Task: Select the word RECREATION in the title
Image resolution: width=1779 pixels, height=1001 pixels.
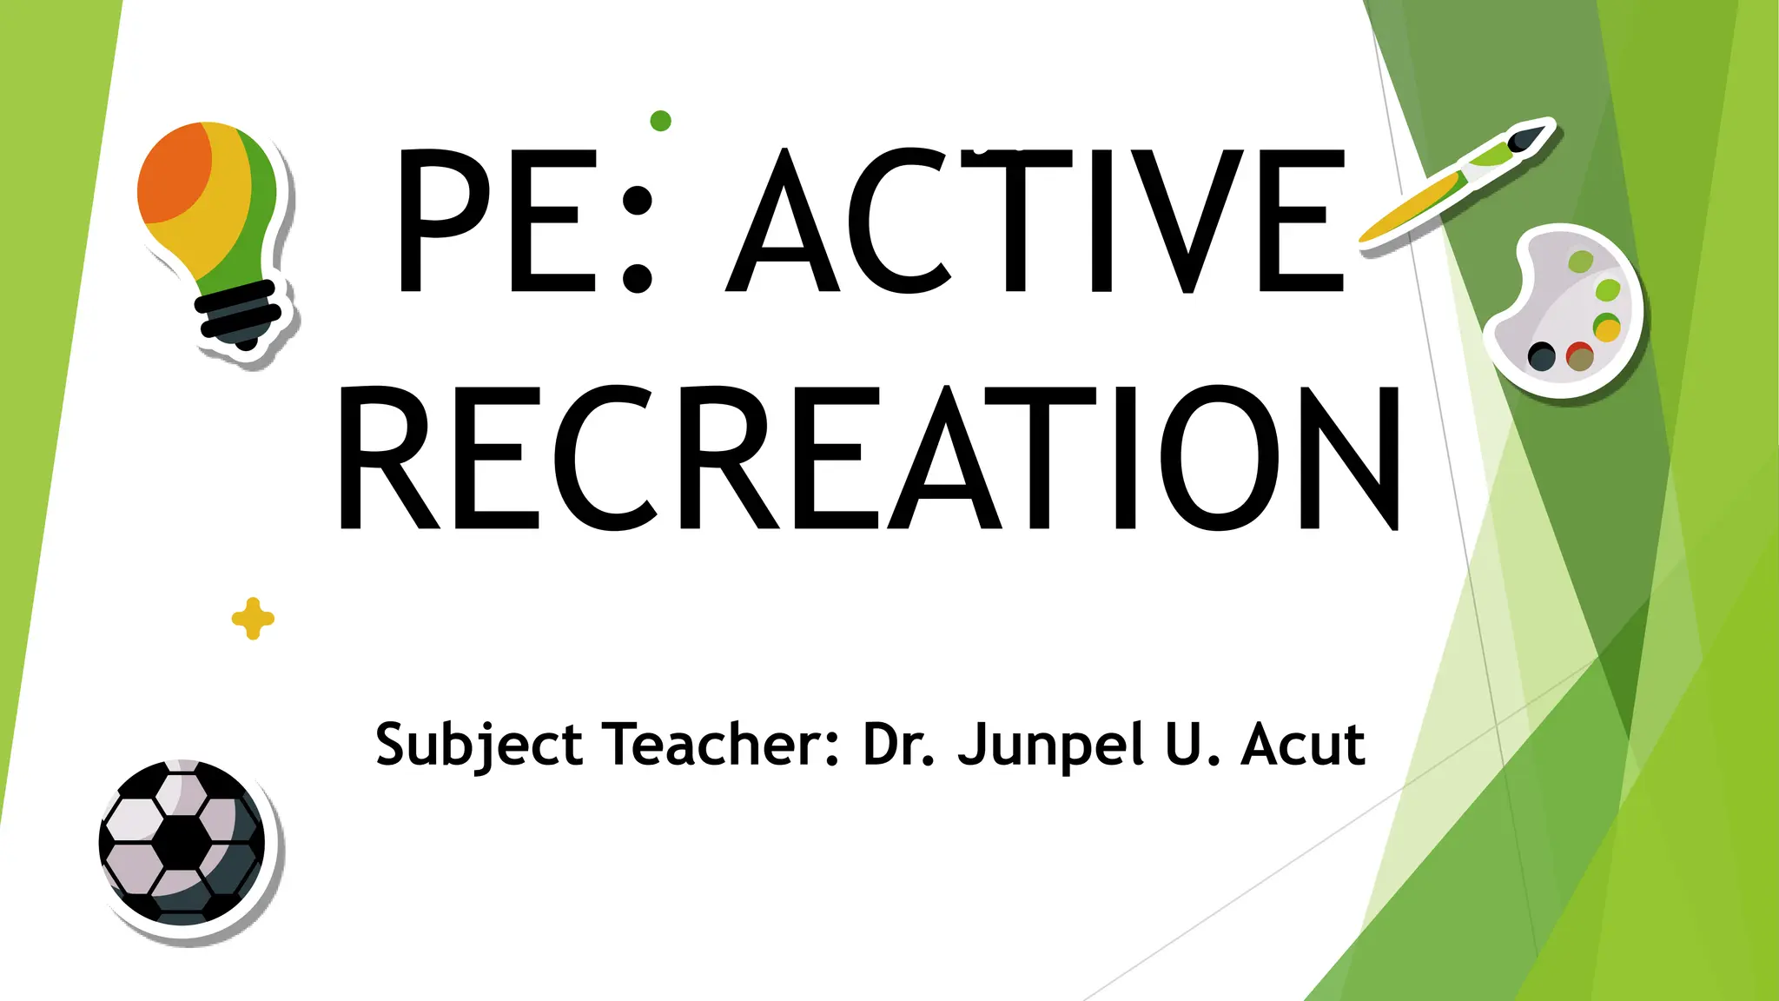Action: (869, 459)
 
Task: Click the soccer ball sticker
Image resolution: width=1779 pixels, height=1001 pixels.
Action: (182, 841)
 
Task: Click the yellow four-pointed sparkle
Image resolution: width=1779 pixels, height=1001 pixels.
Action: (253, 619)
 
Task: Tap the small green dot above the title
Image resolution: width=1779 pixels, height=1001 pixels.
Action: (660, 121)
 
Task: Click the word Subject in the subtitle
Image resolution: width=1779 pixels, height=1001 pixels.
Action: (479, 746)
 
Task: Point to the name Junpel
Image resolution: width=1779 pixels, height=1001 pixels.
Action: (1050, 746)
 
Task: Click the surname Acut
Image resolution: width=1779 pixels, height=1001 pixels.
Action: (1302, 746)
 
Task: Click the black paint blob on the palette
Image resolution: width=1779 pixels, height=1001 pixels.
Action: (1541, 355)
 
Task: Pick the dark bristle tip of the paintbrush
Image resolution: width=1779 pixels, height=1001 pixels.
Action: (1529, 136)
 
